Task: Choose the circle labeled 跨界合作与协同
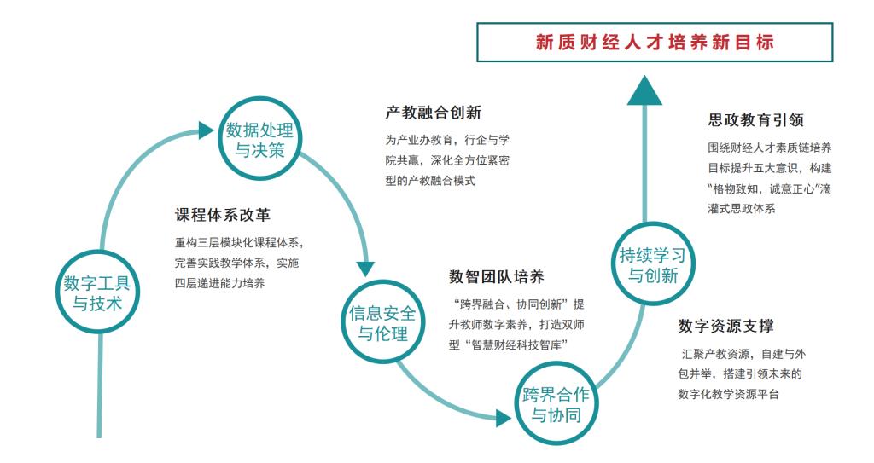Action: [x=556, y=404]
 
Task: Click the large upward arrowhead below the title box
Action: [x=644, y=90]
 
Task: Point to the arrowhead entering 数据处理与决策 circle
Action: [x=205, y=130]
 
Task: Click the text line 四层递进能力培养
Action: [x=219, y=282]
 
